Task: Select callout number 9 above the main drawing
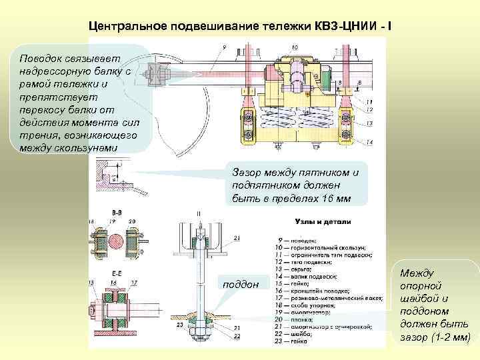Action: tap(225, 47)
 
